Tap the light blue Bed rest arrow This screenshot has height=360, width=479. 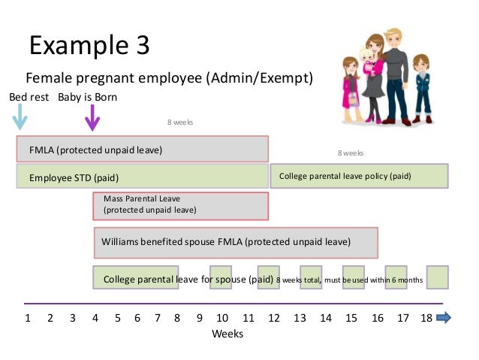[21, 118]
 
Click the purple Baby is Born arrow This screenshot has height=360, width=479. [92, 118]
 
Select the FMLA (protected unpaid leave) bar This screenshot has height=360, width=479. [143, 149]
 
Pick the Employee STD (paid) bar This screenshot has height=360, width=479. [143, 177]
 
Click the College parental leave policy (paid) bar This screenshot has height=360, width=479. [359, 176]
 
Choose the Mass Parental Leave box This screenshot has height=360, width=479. [180, 204]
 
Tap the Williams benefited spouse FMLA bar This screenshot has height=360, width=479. [234, 242]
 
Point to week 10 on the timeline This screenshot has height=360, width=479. [223, 318]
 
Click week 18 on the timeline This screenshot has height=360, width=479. [426, 318]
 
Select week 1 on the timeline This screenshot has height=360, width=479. [28, 318]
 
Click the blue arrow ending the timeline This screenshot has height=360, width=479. [443, 318]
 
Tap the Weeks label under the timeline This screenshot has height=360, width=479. [227, 334]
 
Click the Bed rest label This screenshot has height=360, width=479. [29, 97]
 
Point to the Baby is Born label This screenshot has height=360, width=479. [88, 97]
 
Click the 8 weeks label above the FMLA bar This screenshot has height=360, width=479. [180, 120]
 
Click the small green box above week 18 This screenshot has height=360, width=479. [437, 277]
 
